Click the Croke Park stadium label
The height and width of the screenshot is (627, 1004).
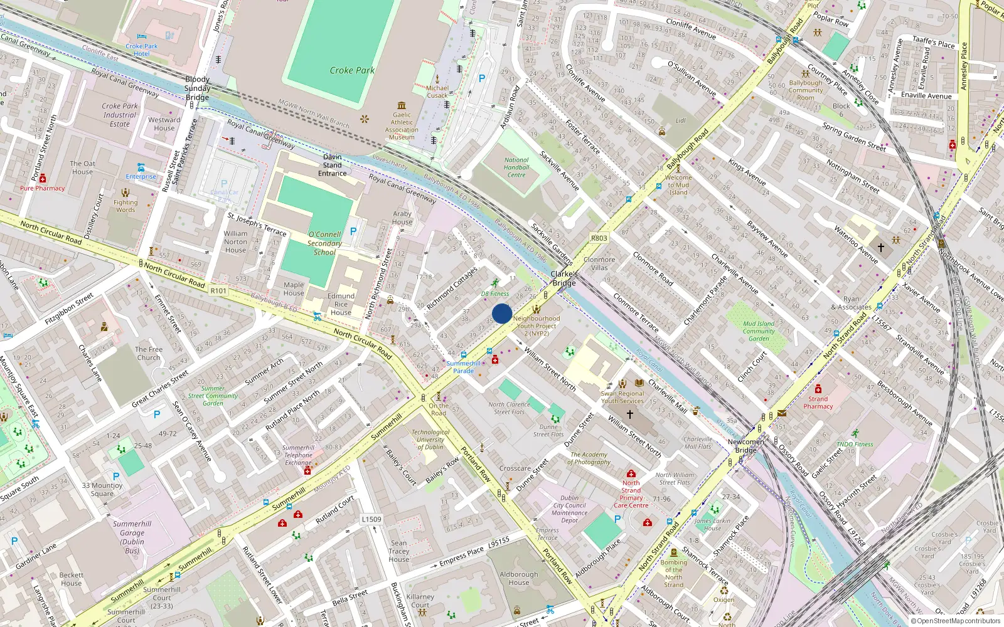pos(352,70)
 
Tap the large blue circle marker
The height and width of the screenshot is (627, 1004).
pos(502,313)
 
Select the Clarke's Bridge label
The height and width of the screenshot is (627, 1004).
pos(563,278)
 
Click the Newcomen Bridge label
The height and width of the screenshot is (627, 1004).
pos(745,446)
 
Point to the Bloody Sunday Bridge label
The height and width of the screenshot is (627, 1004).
pos(197,88)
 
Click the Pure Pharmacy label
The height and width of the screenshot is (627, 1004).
pos(42,188)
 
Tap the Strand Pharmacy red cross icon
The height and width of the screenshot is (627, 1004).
pos(818,389)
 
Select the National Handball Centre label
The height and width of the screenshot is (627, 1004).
pos(516,167)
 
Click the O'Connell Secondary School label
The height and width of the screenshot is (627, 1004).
pos(324,243)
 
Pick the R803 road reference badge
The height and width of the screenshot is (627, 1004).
pos(599,238)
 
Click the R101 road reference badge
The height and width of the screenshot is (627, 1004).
pos(218,291)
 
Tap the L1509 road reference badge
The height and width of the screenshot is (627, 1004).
pos(371,519)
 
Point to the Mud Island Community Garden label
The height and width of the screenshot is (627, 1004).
pos(759,331)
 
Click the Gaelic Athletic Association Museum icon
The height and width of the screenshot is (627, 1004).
pos(402,105)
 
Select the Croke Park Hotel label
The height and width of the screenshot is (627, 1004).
pos(142,50)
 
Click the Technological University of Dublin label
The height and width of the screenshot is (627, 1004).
pos(430,439)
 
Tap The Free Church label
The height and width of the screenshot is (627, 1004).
pos(149,354)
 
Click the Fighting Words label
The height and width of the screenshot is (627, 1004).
pos(125,206)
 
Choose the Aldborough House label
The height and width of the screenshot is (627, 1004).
pos(519,578)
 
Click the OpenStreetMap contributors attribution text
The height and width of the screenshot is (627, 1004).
pos(956,621)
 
